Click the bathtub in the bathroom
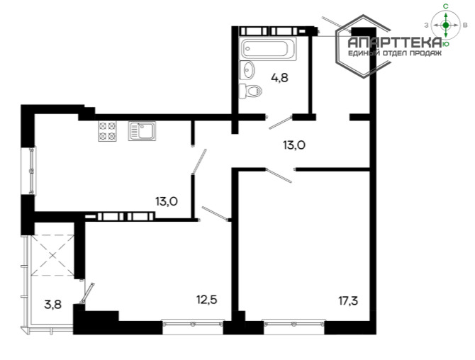click(269, 49)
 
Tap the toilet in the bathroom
click(250, 91)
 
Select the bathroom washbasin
click(247, 70)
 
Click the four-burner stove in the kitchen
click(107, 131)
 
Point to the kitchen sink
click(142, 131)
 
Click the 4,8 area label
click(279, 78)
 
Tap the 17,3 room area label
click(348, 301)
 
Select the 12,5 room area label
click(207, 300)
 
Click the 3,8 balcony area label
click(53, 305)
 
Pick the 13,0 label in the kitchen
click(167, 201)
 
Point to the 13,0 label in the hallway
click(294, 145)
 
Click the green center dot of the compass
click(446, 25)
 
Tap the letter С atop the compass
click(446, 6)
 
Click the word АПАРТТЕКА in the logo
click(394, 43)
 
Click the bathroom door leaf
click(281, 123)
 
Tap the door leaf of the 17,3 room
click(279, 176)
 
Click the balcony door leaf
click(87, 293)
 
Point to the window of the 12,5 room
click(193, 324)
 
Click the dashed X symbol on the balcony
click(53, 256)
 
